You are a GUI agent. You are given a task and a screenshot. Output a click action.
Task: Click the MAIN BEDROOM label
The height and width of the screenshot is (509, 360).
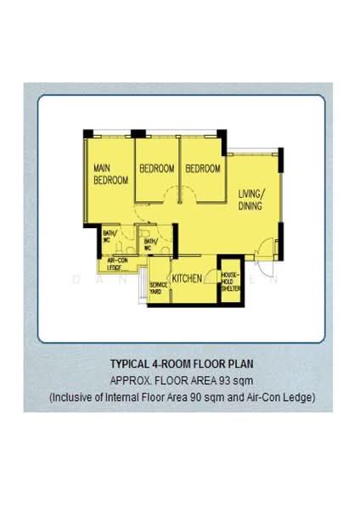pyautogui.click(x=110, y=174)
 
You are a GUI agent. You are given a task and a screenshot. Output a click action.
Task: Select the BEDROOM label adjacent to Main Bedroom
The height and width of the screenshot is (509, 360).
pyautogui.click(x=157, y=169)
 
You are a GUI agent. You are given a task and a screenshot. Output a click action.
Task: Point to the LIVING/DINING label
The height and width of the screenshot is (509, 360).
pyautogui.click(x=250, y=199)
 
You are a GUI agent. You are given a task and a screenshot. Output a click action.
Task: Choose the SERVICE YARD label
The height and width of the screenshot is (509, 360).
pyautogui.click(x=157, y=288)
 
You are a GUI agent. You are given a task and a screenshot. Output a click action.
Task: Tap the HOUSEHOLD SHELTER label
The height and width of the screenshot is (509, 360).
pyautogui.click(x=231, y=282)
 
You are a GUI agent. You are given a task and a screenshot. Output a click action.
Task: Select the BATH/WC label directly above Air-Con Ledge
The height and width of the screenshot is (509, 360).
pyautogui.click(x=110, y=237)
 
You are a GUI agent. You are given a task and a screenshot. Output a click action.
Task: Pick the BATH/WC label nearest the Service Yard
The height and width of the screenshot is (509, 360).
pyautogui.click(x=150, y=245)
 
